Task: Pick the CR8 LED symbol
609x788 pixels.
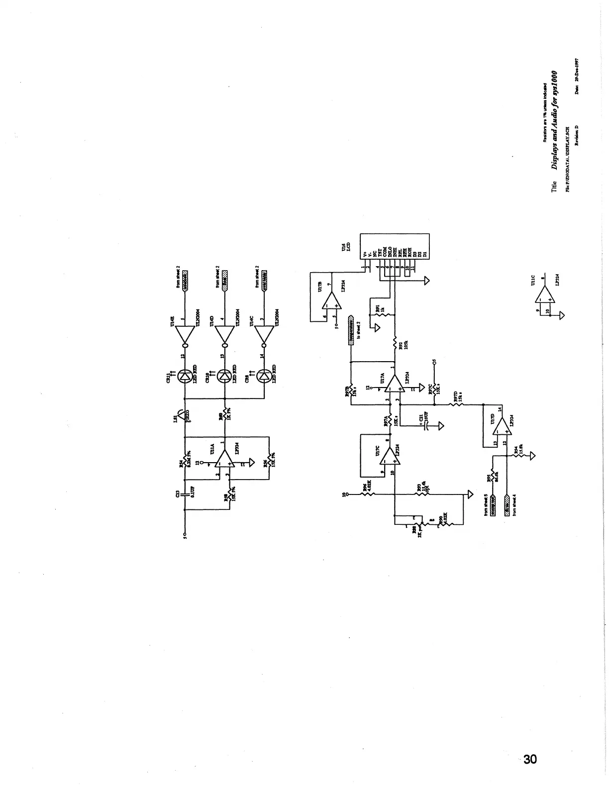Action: [265, 377]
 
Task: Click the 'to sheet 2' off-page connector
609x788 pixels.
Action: [351, 326]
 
